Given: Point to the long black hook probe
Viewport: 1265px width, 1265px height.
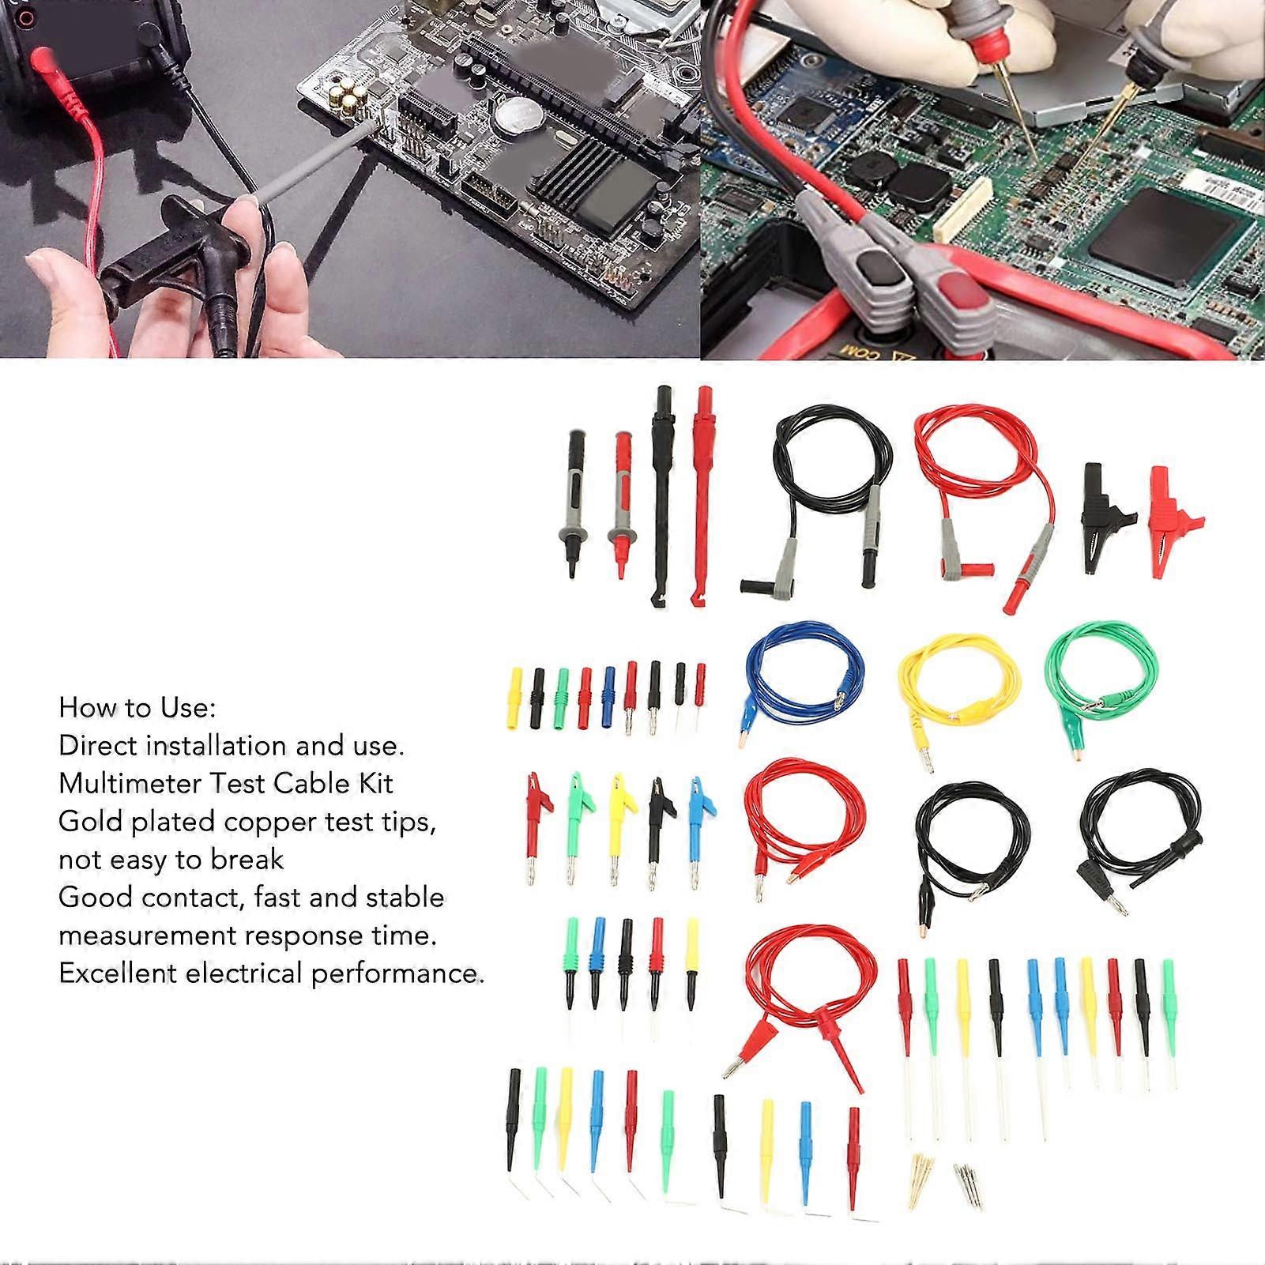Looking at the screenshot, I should click(661, 490).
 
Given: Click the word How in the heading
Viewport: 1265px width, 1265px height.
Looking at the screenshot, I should click(84, 707).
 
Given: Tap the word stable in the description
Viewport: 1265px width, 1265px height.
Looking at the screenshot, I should click(407, 897).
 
